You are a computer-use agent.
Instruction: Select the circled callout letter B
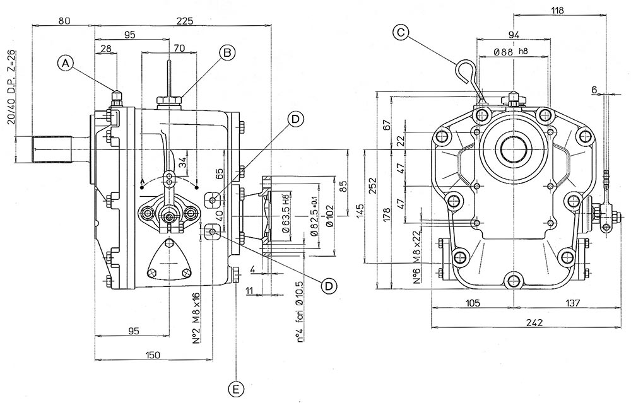(227, 52)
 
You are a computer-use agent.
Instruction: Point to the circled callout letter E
(236, 389)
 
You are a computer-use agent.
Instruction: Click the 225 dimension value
(185, 21)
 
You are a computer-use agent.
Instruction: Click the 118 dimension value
(557, 9)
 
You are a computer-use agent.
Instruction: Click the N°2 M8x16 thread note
(196, 318)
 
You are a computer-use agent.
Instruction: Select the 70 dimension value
(179, 47)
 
